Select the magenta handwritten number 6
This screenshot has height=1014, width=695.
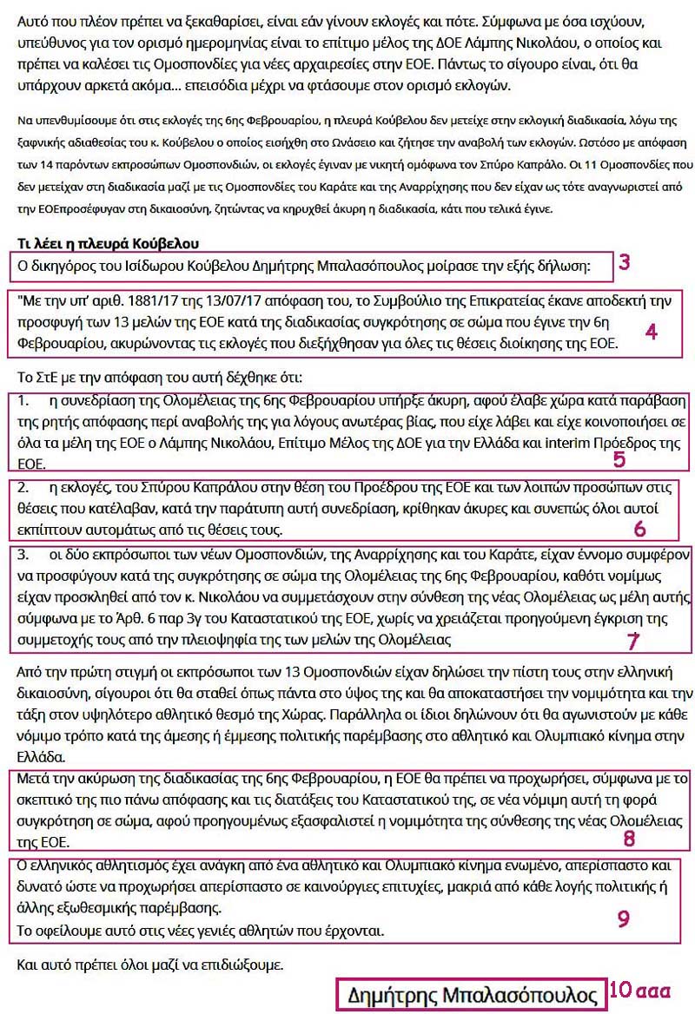click(x=639, y=529)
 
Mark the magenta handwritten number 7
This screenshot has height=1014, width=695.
click(x=634, y=642)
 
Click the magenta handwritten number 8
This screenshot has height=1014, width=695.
click(x=629, y=839)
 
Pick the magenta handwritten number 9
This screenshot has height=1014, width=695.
click(x=623, y=919)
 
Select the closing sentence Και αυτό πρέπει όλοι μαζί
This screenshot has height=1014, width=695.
click(x=150, y=965)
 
